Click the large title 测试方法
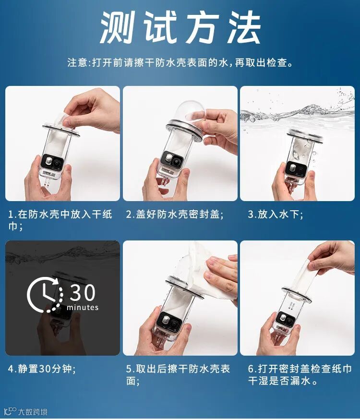pos(180,27)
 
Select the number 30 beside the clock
pos(82,293)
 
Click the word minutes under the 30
pos(83,307)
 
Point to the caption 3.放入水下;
pos(276,215)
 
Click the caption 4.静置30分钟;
pos(42,369)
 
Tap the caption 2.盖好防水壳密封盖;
pos(175,215)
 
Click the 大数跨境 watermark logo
pos(26,411)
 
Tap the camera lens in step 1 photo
pos(57,163)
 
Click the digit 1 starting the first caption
pos(11,215)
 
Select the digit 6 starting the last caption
pos(251,369)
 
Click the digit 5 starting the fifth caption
pos(129,369)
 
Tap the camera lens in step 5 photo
pos(174,324)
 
